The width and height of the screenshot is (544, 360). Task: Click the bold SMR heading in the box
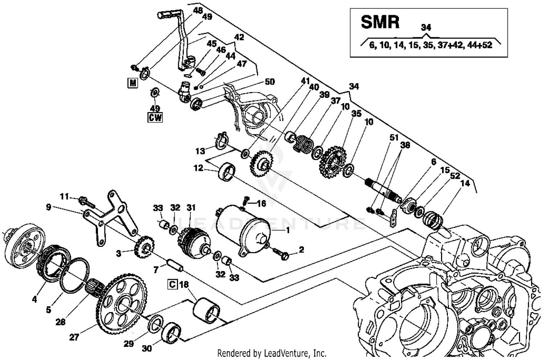[x=380, y=22]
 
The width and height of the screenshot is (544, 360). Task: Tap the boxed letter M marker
[x=133, y=83]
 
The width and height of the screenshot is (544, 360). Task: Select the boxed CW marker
[x=155, y=117]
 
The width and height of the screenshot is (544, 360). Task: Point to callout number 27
[x=74, y=337]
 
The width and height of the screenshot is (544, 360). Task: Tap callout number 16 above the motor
[x=261, y=203]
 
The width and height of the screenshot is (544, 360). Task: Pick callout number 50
[x=269, y=82]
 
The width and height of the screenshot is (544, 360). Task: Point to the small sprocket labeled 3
[x=144, y=248]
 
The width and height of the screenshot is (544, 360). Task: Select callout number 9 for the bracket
[x=49, y=208]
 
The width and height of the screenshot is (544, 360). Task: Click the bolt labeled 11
[x=84, y=200]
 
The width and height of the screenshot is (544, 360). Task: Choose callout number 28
[x=61, y=322]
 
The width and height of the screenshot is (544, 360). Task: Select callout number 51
[x=394, y=137]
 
